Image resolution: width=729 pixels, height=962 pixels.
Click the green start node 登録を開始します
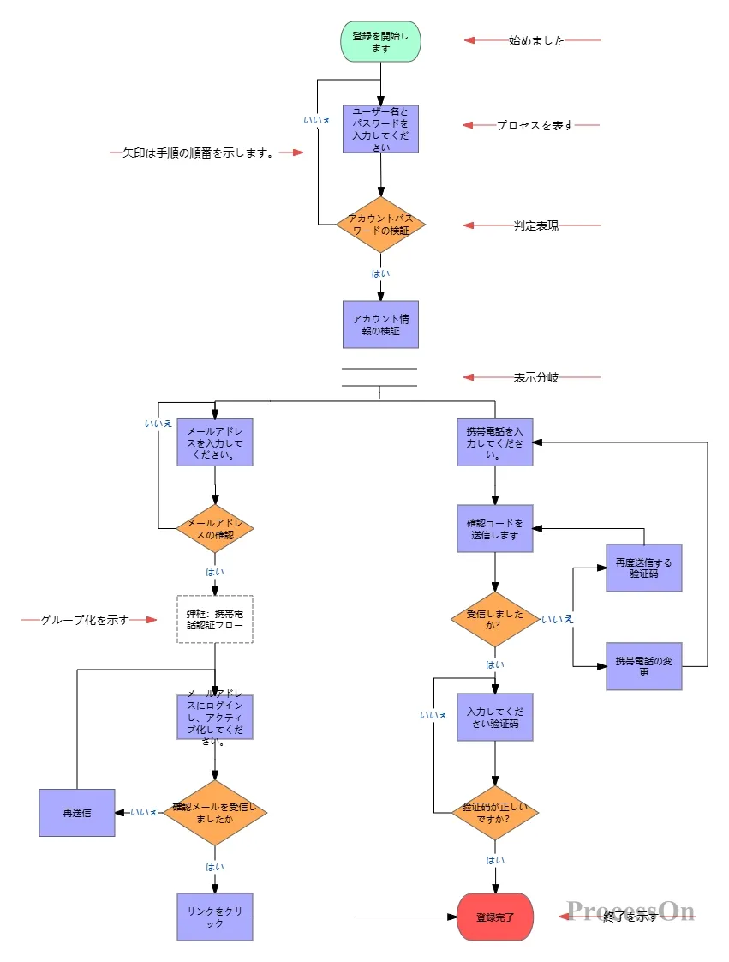tap(380, 42)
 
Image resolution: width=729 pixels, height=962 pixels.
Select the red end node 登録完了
tap(495, 917)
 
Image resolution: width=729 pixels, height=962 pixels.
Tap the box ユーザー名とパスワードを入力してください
tap(380, 129)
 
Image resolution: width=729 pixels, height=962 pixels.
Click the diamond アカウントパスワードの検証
tap(380, 225)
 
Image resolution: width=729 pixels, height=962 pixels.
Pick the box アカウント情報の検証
tap(380, 324)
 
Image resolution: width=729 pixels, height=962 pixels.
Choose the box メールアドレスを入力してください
tap(215, 442)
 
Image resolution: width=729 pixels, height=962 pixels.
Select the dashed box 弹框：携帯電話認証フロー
tap(215, 619)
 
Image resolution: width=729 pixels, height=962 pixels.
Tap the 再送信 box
tap(77, 812)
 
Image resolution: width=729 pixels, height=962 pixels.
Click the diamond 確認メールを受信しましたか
tap(215, 812)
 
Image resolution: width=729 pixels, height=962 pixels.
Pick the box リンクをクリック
tap(215, 917)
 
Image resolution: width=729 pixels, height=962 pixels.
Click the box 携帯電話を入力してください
tap(495, 442)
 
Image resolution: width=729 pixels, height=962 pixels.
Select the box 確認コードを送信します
tap(495, 528)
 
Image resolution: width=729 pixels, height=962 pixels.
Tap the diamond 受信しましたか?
tap(495, 619)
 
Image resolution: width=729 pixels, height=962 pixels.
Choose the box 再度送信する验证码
tap(644, 568)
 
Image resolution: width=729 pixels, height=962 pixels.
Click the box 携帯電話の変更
tap(644, 665)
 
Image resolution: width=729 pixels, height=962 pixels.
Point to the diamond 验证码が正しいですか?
tap(495, 812)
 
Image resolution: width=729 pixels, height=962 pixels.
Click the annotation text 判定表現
tap(536, 225)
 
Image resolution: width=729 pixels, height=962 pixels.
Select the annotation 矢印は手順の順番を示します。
tap(198, 153)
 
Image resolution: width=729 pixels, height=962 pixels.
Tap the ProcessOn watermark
tap(630, 911)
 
